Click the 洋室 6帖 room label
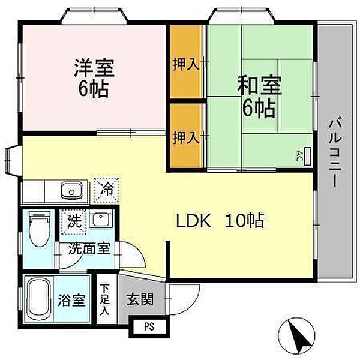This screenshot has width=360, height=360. click(94, 78)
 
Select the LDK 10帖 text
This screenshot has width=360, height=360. click(220, 221)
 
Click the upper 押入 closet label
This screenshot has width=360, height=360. click(186, 64)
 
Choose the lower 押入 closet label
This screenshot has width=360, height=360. click(186, 137)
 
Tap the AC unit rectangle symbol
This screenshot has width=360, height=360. click(307, 157)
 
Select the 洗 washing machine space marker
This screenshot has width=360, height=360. click(74, 221)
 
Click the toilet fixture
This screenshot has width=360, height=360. click(40, 229)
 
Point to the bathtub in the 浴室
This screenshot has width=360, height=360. click(38, 298)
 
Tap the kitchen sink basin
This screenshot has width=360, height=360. click(71, 190)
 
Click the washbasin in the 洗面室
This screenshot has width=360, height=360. click(101, 219)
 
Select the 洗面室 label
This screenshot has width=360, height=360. click(89, 248)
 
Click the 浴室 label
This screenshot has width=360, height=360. click(71, 300)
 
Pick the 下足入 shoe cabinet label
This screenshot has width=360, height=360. click(106, 299)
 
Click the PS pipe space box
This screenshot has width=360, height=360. click(149, 326)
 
